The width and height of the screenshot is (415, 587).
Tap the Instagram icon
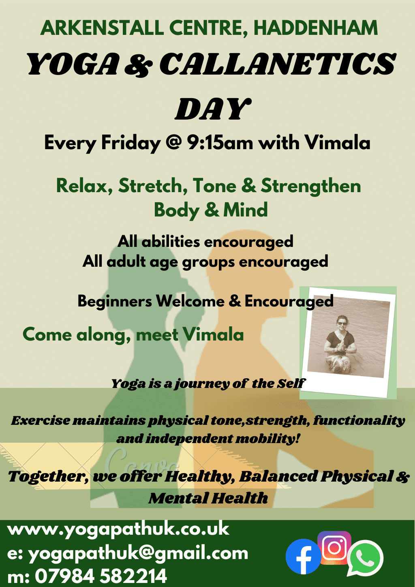pyautogui.click(x=334, y=548)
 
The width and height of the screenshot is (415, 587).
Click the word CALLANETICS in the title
pyautogui.click(x=278, y=64)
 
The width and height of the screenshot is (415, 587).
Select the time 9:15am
pyautogui.click(x=220, y=143)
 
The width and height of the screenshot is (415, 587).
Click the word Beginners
pyautogui.click(x=115, y=301)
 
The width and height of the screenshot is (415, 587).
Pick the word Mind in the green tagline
pyautogui.click(x=246, y=210)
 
